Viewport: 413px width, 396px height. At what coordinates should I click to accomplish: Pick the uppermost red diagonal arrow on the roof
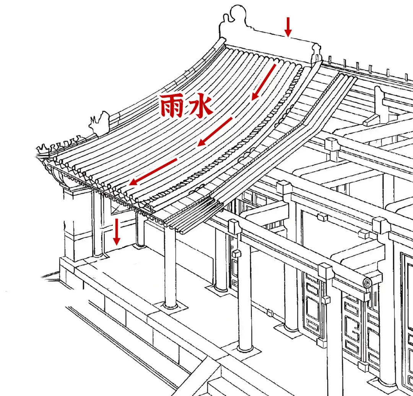[x=263, y=82]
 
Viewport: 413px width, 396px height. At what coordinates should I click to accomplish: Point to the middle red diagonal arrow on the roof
[x=215, y=132]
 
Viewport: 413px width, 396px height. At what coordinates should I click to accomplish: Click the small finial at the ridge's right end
[x=316, y=51]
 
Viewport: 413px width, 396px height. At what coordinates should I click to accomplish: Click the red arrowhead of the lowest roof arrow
[x=132, y=183]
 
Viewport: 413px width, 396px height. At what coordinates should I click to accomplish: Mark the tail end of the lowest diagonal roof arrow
[x=176, y=159]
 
